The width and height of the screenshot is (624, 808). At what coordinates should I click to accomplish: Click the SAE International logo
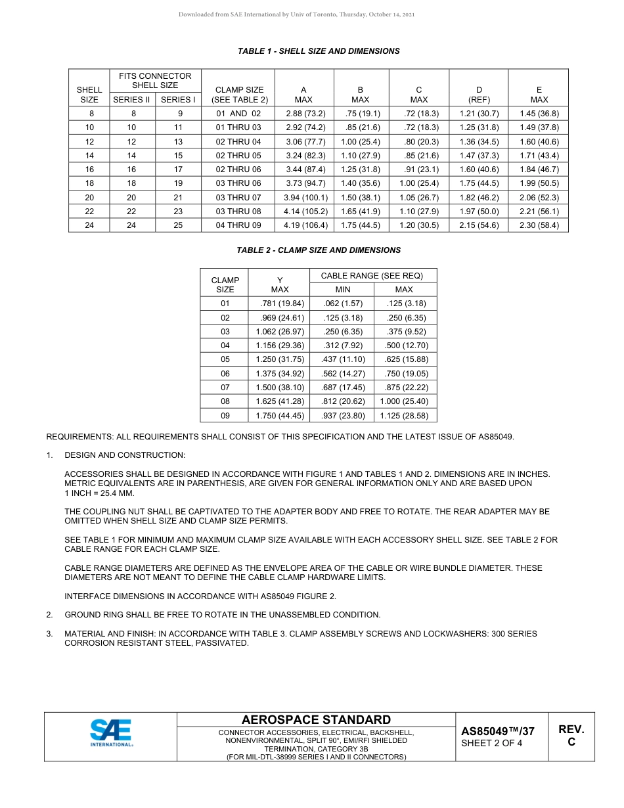(x=111, y=733)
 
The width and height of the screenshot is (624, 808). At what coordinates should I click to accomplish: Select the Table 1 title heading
(x=319, y=51)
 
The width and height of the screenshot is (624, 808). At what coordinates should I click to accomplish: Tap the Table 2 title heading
(x=319, y=250)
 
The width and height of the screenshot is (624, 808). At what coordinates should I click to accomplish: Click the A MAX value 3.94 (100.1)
(x=305, y=197)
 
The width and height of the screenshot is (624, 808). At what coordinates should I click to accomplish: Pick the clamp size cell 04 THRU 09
(x=238, y=225)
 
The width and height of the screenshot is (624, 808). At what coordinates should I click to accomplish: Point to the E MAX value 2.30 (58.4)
(x=539, y=225)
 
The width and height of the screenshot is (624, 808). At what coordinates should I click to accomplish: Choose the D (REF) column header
(x=479, y=95)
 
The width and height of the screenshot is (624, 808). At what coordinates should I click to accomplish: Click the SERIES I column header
(x=178, y=100)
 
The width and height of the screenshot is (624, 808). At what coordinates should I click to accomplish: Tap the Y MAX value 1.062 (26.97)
(x=280, y=332)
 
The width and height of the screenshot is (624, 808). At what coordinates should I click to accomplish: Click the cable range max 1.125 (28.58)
(x=404, y=416)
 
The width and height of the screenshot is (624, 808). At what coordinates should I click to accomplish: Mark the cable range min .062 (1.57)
(x=343, y=303)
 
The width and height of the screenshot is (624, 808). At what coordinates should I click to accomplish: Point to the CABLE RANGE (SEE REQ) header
(x=372, y=276)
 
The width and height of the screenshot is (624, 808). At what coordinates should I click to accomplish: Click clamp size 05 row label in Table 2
(x=225, y=359)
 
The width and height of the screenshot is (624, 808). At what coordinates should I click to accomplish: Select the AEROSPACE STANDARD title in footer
(x=316, y=720)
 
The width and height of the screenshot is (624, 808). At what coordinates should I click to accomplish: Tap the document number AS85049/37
(x=498, y=731)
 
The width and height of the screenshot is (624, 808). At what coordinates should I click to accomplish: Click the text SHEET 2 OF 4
(x=492, y=744)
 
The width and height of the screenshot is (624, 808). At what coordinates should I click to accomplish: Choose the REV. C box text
(x=571, y=736)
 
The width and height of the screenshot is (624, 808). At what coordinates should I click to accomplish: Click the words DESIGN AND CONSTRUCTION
(x=125, y=455)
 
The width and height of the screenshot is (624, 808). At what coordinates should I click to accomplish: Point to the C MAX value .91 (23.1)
(x=418, y=169)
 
